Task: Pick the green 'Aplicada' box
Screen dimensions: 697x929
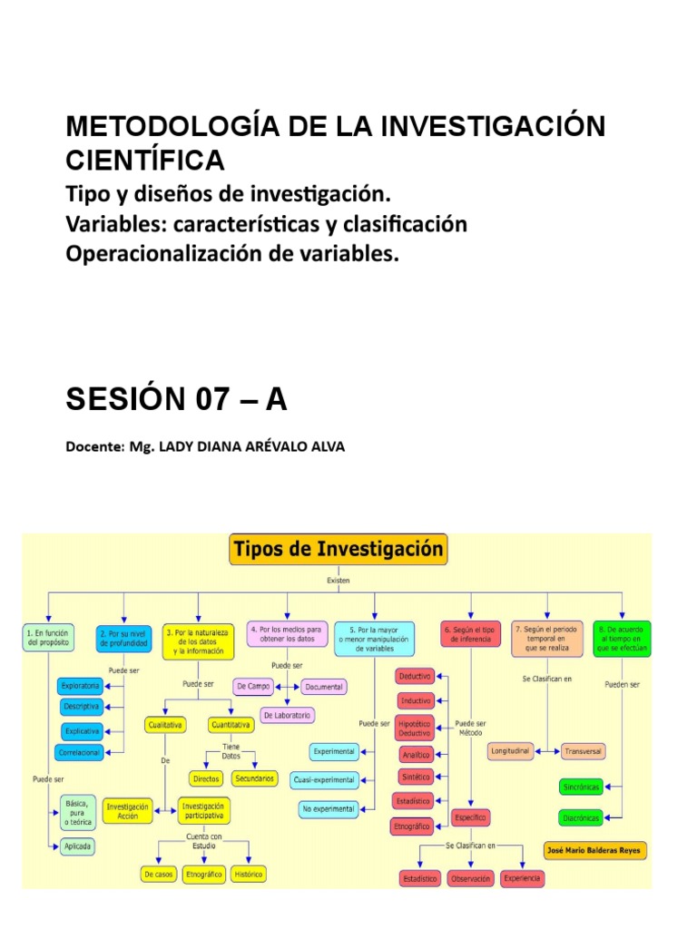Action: click(x=79, y=845)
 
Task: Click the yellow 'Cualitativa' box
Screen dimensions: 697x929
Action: click(x=165, y=725)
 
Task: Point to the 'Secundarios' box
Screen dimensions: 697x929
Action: click(x=255, y=778)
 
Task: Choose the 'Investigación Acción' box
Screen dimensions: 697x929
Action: click(x=128, y=809)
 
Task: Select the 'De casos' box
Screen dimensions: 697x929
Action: click(x=158, y=875)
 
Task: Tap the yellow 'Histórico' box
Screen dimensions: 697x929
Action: click(x=249, y=875)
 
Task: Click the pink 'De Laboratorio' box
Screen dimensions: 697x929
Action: click(x=288, y=715)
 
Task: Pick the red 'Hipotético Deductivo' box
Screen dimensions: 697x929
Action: click(x=415, y=728)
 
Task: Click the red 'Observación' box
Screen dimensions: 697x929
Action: click(x=470, y=879)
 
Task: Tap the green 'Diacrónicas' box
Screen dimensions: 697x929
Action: click(x=581, y=817)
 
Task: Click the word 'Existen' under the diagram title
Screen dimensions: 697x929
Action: click(x=339, y=580)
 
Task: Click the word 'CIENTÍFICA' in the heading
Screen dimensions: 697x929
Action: click(x=144, y=160)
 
